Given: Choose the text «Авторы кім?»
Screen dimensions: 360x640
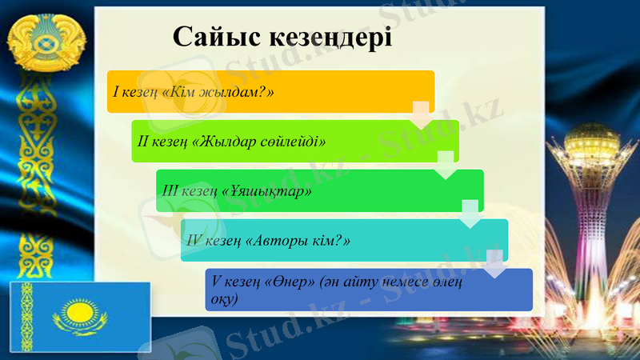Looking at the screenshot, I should (307, 240).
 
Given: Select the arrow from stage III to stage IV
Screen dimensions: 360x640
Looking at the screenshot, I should (470, 214).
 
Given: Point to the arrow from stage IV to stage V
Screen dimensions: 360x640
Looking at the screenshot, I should (495, 264).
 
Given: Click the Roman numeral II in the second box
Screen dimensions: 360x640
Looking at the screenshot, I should (145, 142).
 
